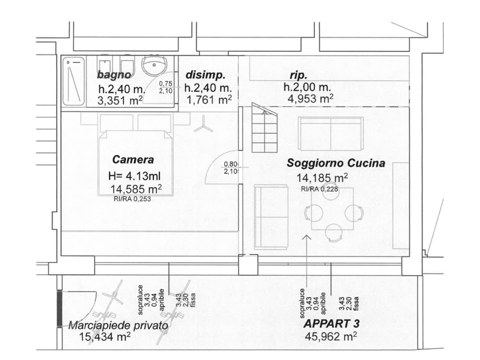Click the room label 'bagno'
pyautogui.click(x=114, y=75)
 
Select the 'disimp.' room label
pyautogui.click(x=205, y=75)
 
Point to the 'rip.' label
pyautogui.click(x=298, y=75)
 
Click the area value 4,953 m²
pyautogui.click(x=310, y=98)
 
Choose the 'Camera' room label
pyautogui.click(x=133, y=160)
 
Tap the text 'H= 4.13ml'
pyautogui.click(x=133, y=176)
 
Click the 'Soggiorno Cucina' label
pyautogui.click(x=335, y=163)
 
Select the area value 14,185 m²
pyautogui.click(x=322, y=178)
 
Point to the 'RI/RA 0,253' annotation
pyautogui.click(x=132, y=198)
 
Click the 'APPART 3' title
pyautogui.click(x=331, y=323)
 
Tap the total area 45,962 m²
pyautogui.click(x=331, y=336)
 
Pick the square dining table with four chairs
pyautogui.click(x=332, y=209)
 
